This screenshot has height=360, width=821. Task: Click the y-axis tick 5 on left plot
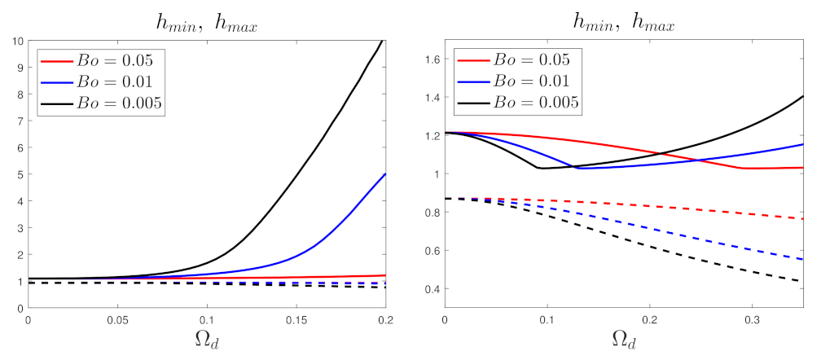(20, 174)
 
